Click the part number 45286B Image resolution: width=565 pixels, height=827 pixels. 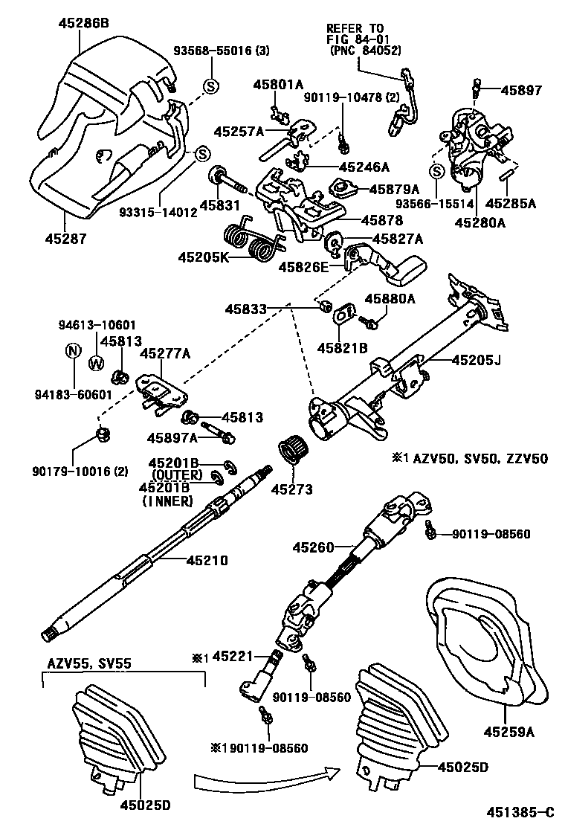[x=83, y=24]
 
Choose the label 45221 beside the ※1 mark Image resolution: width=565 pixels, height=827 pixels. [x=233, y=657]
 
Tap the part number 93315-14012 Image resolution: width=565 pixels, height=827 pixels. [x=158, y=211]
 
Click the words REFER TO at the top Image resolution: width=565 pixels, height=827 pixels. [x=355, y=28]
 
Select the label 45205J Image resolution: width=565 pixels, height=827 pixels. [x=476, y=361]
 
